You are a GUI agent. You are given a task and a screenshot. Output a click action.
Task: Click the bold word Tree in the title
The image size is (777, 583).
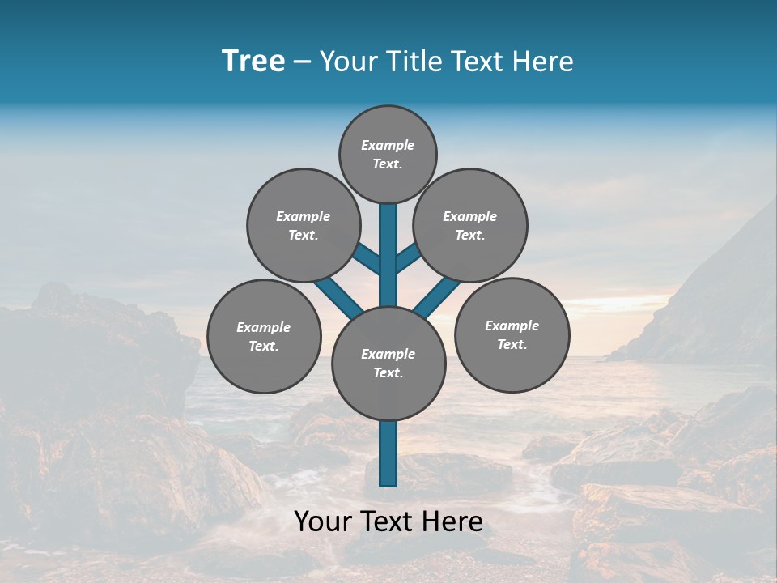[x=253, y=62]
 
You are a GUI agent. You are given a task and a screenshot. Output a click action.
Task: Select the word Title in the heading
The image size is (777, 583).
[x=409, y=62]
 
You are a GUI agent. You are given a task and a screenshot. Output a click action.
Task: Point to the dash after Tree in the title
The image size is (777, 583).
[x=302, y=62]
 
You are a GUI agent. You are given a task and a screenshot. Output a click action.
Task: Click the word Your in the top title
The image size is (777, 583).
[x=346, y=62]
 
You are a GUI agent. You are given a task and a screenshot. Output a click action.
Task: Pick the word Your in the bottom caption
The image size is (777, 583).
[x=322, y=521]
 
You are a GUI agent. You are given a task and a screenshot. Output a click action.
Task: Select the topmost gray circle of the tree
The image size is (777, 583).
[x=388, y=154]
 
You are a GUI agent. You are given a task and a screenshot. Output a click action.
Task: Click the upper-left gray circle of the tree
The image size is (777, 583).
[x=304, y=225]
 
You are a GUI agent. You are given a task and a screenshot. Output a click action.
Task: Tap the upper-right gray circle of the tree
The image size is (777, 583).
[x=470, y=225]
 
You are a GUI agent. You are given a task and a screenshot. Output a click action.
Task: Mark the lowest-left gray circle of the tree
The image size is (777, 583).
[x=264, y=336]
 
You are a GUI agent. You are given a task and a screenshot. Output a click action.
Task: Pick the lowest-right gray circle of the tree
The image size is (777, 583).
[x=512, y=334]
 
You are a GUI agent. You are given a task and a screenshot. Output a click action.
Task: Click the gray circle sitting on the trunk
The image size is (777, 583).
[x=388, y=363]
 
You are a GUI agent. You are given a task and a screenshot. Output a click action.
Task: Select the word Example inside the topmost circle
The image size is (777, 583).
[x=388, y=145]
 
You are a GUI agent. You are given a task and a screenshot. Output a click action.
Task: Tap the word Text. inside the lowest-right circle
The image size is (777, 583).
[x=512, y=344]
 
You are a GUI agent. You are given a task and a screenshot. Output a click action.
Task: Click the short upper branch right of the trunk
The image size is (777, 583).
[x=407, y=257]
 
